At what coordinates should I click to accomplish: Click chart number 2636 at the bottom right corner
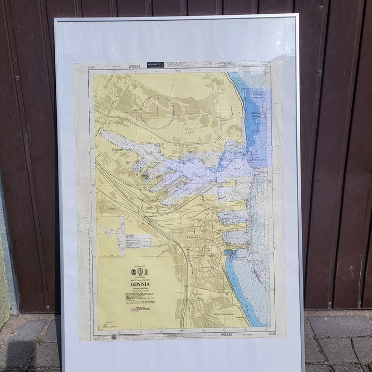272,334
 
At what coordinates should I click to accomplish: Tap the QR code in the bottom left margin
113,336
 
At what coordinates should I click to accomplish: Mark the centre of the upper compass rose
158,111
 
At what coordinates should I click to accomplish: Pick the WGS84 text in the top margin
134,67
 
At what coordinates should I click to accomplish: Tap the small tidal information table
138,240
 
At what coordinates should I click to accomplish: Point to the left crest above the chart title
133,272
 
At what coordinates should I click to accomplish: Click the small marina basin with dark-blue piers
230,253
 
